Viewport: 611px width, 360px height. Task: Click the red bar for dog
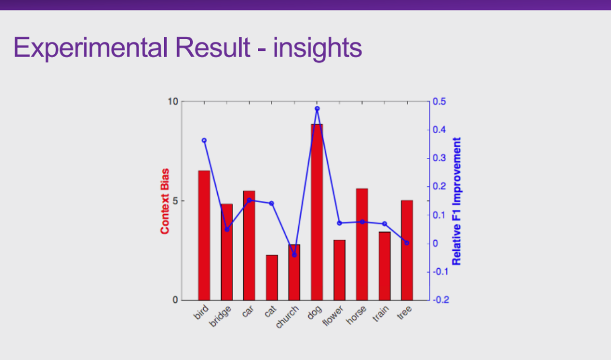coord(317,212)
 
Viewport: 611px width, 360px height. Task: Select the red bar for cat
coord(272,277)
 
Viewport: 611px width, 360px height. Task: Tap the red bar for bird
coord(204,235)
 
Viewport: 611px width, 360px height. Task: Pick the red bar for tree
coord(407,250)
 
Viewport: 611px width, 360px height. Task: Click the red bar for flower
coord(339,270)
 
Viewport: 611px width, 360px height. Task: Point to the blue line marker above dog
coord(317,108)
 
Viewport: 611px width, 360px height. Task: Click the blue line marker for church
coord(294,255)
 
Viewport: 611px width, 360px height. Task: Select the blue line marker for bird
coord(204,140)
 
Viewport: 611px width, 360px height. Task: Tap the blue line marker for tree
coord(407,243)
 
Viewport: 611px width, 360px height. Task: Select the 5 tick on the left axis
coord(175,201)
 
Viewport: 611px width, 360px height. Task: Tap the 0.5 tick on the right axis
coord(439,102)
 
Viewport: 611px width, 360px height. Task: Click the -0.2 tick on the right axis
coord(441,300)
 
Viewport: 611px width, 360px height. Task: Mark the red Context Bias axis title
coord(165,201)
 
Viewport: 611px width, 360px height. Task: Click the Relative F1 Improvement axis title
coord(457,201)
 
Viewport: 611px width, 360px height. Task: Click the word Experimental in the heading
coord(92,48)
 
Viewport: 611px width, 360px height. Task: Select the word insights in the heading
coord(317,48)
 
